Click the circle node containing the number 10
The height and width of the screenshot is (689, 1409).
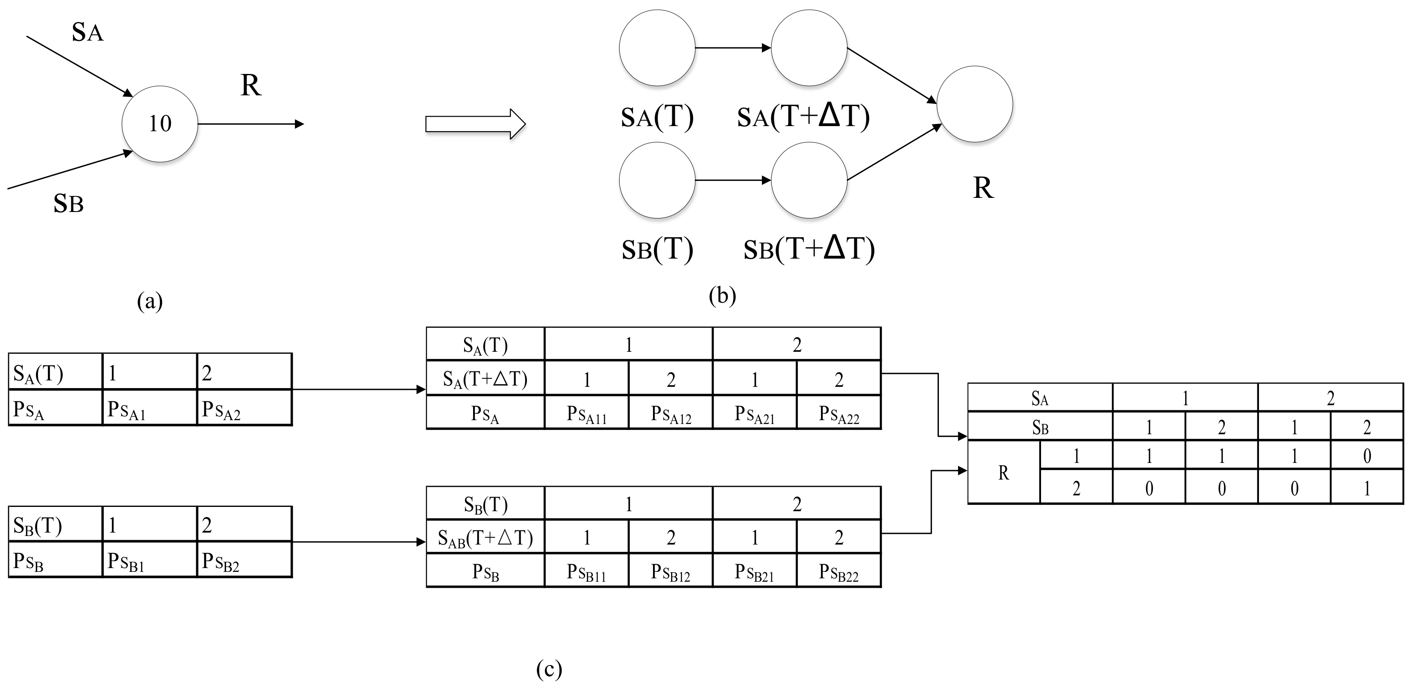[x=160, y=124]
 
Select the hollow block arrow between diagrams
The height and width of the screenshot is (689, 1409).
[x=475, y=124]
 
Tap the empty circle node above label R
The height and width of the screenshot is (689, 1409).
[x=975, y=104]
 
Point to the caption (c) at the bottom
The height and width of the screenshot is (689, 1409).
[x=549, y=669]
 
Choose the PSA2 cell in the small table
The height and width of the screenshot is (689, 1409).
[x=244, y=408]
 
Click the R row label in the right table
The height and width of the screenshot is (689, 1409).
[x=1003, y=473]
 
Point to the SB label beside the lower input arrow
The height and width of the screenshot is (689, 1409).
[x=68, y=203]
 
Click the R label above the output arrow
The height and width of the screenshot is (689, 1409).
[x=251, y=85]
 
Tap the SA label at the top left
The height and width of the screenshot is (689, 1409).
[x=88, y=32]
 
